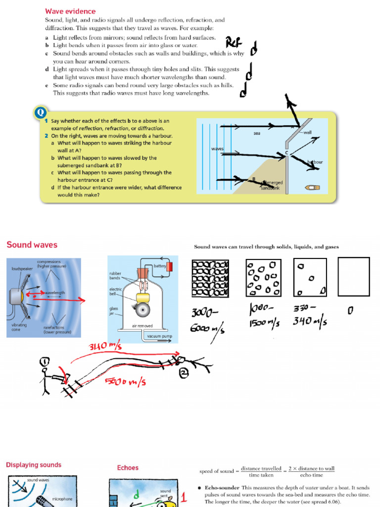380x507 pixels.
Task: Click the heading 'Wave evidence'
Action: click(x=70, y=11)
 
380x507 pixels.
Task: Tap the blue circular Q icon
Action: click(x=40, y=113)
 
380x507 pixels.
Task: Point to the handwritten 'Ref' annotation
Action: click(x=233, y=43)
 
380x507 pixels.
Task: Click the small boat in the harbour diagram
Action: click(x=313, y=188)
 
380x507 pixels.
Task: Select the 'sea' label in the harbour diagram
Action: click(x=257, y=133)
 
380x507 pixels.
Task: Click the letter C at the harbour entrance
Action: click(x=286, y=153)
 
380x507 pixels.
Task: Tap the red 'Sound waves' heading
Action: click(x=32, y=245)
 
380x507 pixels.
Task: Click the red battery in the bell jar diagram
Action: click(x=170, y=266)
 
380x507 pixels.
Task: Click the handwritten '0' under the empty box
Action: click(x=350, y=310)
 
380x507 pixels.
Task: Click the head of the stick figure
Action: click(x=45, y=363)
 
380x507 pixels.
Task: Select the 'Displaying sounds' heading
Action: click(x=34, y=465)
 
